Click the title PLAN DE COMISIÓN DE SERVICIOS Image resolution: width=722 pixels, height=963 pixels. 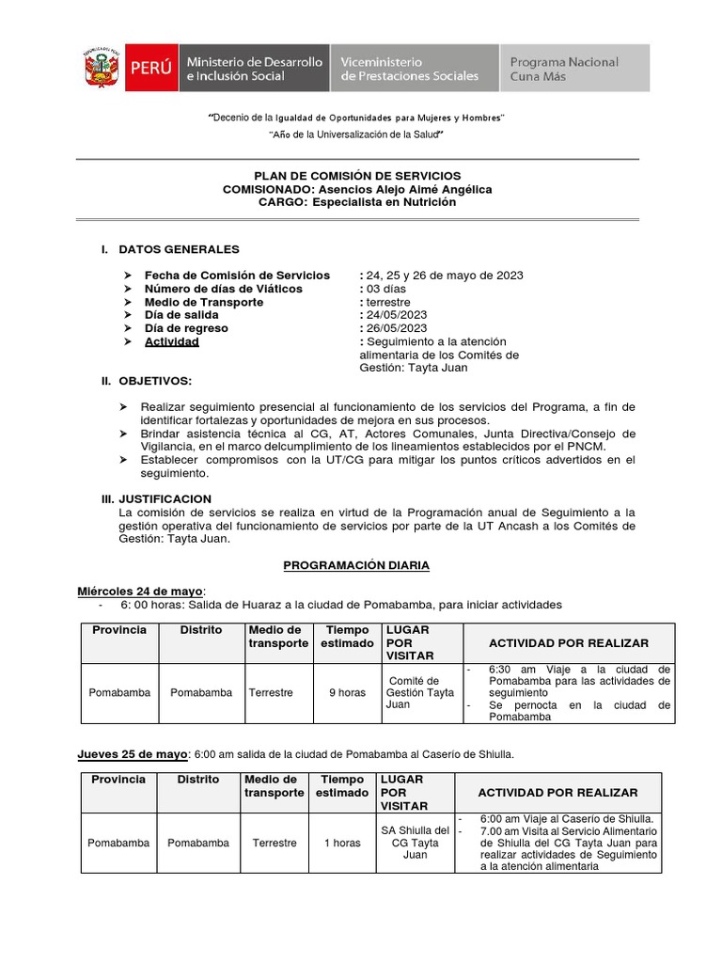coord(357,176)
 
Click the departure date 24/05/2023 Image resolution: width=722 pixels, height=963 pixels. coord(397,315)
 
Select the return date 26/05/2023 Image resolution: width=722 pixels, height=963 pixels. coord(397,328)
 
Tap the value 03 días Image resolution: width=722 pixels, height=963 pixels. coord(386,289)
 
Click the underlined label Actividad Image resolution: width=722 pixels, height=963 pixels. coord(171,342)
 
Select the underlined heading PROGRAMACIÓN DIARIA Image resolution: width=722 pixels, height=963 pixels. coord(356,565)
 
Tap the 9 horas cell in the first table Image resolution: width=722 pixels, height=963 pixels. coord(347,693)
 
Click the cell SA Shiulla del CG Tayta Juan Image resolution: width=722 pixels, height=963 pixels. coord(415,843)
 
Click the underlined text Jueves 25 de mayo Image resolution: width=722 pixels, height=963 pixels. coord(133,754)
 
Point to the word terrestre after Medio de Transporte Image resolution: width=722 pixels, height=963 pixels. coord(388,302)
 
